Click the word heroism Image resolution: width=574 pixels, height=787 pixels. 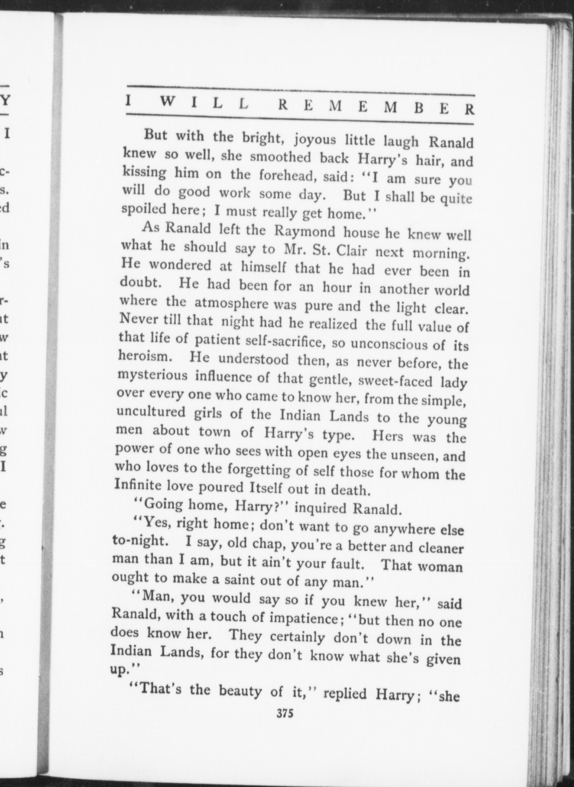[x=143, y=356]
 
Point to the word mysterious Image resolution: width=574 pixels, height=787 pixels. [x=152, y=375]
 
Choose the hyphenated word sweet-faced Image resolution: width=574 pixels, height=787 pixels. [x=395, y=380]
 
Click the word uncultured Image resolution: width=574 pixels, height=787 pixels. [x=151, y=411]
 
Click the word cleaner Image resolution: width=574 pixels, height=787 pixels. [x=441, y=548]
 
